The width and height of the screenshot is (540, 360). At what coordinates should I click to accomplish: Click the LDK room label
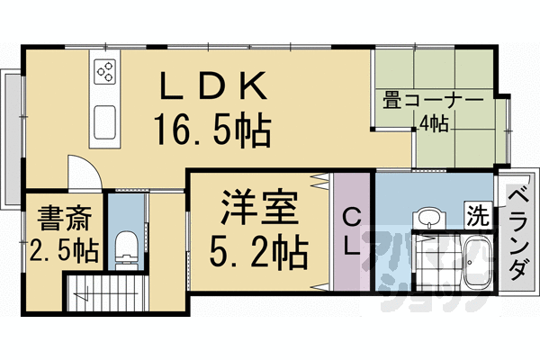click(214, 87)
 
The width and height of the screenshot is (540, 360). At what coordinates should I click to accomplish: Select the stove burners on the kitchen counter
click(103, 71)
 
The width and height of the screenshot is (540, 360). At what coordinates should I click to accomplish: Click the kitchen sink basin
click(103, 118)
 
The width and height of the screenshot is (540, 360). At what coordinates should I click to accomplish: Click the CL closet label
click(351, 232)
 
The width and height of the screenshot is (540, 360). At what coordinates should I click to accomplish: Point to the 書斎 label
click(61, 219)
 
